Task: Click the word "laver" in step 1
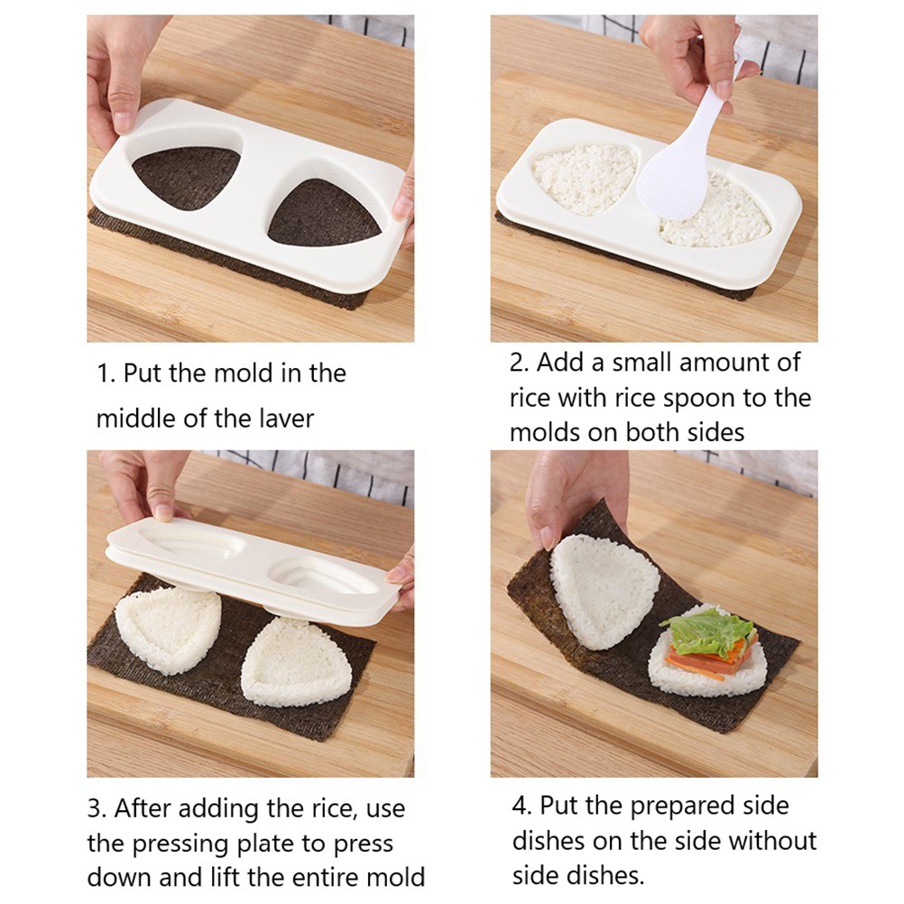click(x=286, y=419)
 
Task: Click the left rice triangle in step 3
click(x=168, y=630)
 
